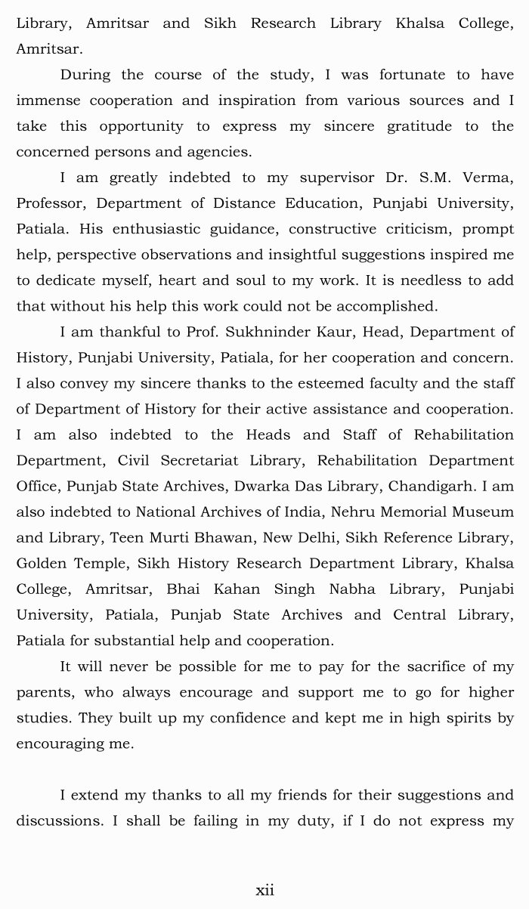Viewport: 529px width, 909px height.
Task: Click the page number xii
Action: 264,890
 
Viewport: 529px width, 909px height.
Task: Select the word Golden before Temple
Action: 42,564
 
